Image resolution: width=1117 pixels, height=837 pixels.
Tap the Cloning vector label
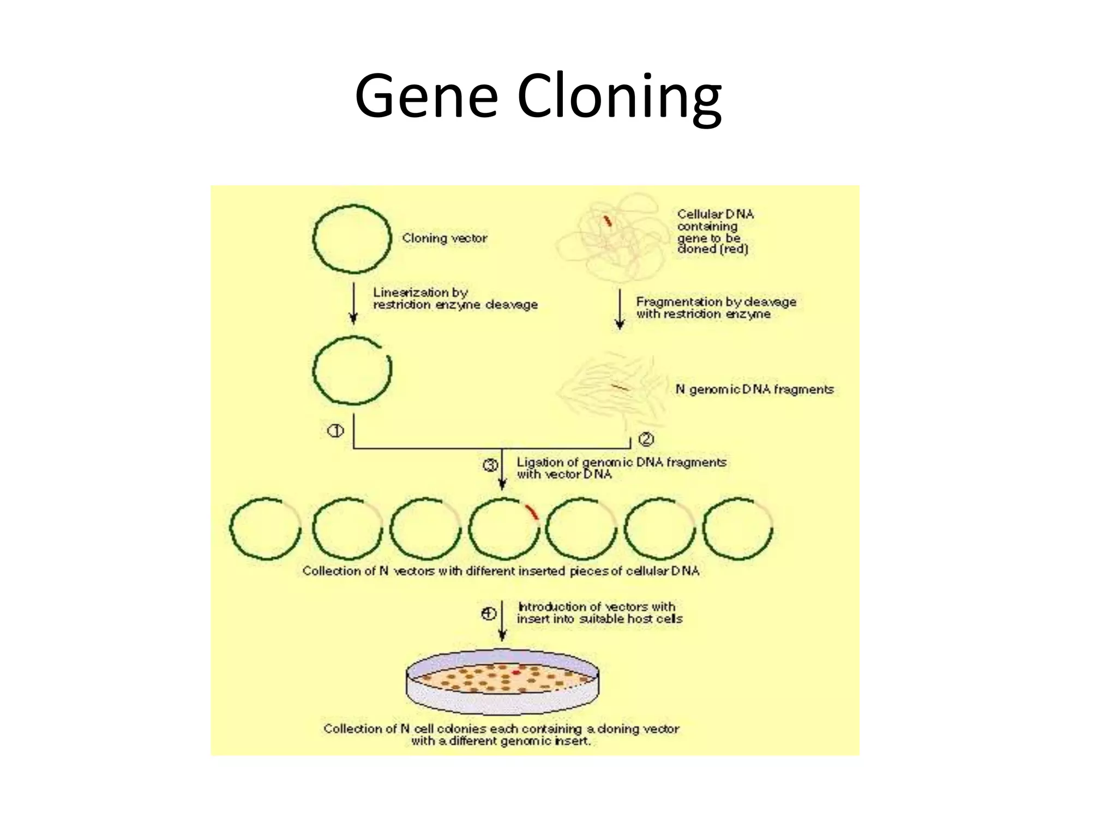click(x=445, y=238)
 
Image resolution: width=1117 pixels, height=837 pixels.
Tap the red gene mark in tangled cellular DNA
click(x=607, y=221)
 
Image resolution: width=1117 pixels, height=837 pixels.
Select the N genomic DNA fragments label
click(x=754, y=389)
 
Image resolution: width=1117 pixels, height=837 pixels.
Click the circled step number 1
click(x=335, y=431)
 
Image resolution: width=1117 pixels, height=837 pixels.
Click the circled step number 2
click(x=646, y=439)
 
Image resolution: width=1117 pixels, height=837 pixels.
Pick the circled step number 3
click(x=490, y=465)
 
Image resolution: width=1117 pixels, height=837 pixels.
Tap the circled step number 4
click(x=488, y=614)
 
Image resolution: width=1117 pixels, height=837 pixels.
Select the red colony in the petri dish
click(x=516, y=672)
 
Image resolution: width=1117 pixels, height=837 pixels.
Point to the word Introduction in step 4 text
click(x=551, y=606)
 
